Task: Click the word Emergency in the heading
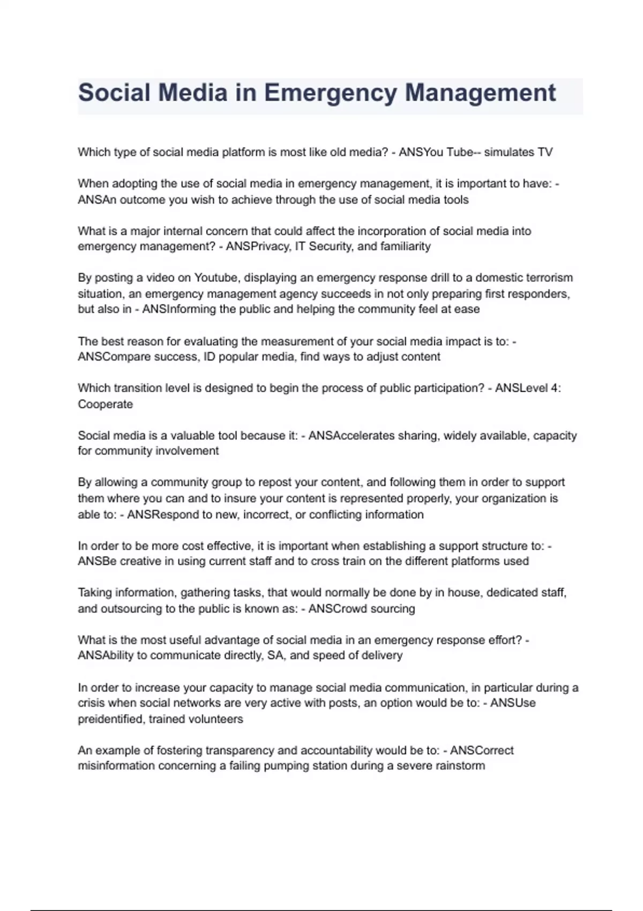pos(330,93)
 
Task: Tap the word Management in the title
pos(480,93)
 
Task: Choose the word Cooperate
pos(105,404)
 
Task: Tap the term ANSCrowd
pos(337,609)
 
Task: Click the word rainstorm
pos(460,766)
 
